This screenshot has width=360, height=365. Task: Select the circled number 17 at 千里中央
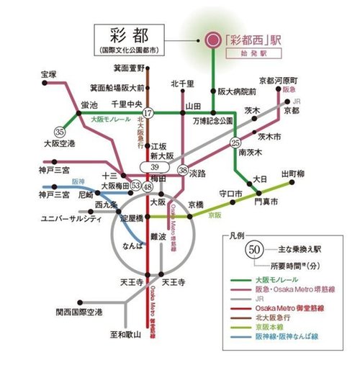(148, 113)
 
